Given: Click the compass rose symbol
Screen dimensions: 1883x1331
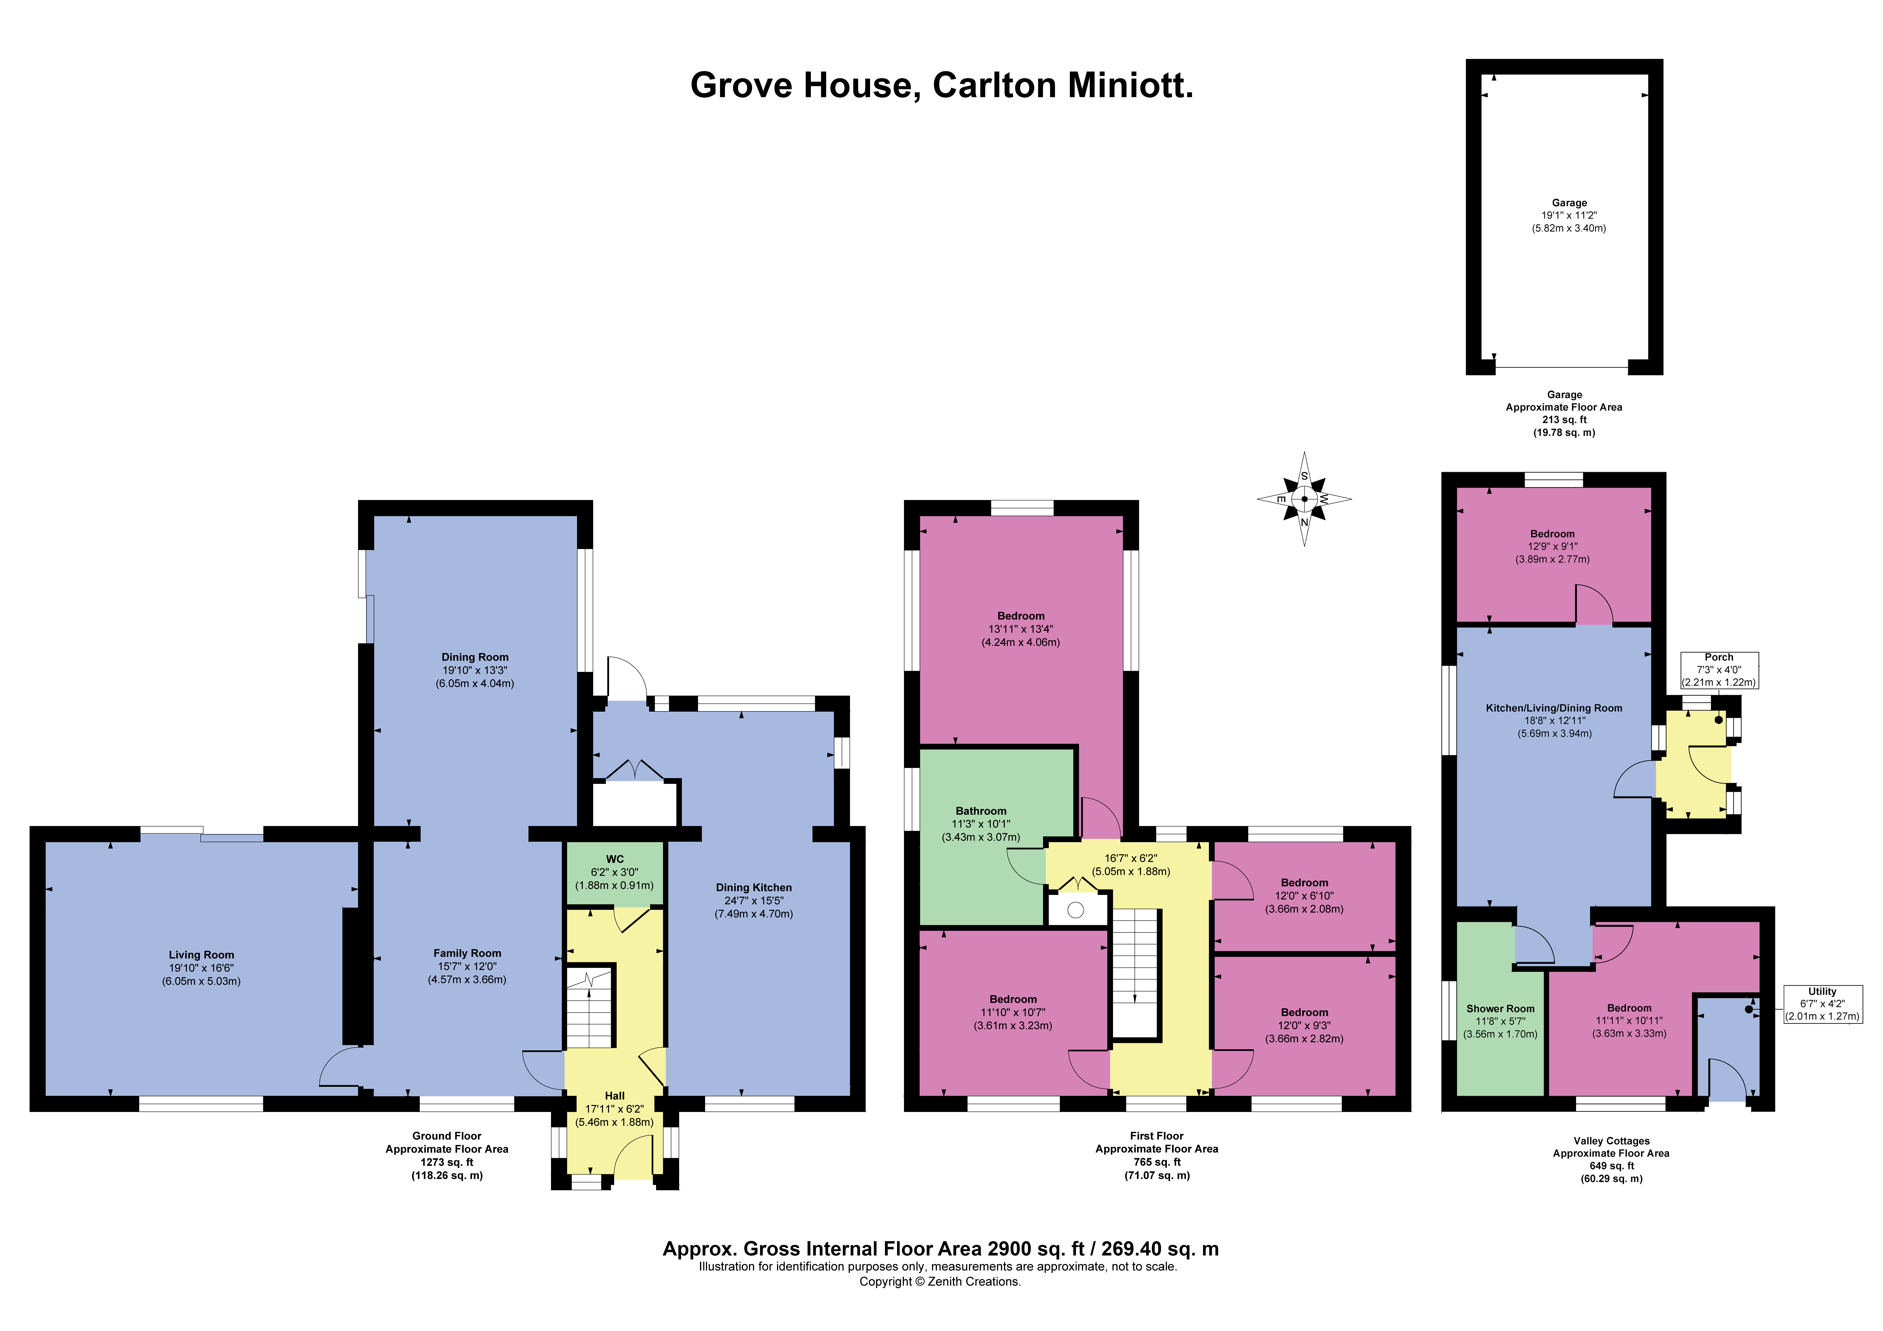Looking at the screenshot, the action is tap(1304, 499).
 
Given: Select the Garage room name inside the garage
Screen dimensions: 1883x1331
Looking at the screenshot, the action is tap(1569, 202).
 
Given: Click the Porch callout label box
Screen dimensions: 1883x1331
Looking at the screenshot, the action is tap(1719, 670).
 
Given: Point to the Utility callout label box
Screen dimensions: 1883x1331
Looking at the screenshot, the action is tap(1822, 1004).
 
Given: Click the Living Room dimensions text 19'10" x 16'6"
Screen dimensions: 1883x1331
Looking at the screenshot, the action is tap(201, 968).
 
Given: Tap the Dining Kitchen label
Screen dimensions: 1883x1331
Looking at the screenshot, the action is tap(754, 887).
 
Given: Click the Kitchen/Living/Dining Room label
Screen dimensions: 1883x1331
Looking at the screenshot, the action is tap(1554, 708).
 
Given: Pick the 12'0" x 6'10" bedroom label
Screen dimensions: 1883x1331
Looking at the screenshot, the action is tap(1304, 896).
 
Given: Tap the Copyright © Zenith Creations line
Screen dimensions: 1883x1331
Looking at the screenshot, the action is tap(940, 1282).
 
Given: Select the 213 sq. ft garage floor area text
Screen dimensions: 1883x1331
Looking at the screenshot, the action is tap(1564, 420).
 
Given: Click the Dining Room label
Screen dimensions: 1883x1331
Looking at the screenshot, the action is tap(475, 657).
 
